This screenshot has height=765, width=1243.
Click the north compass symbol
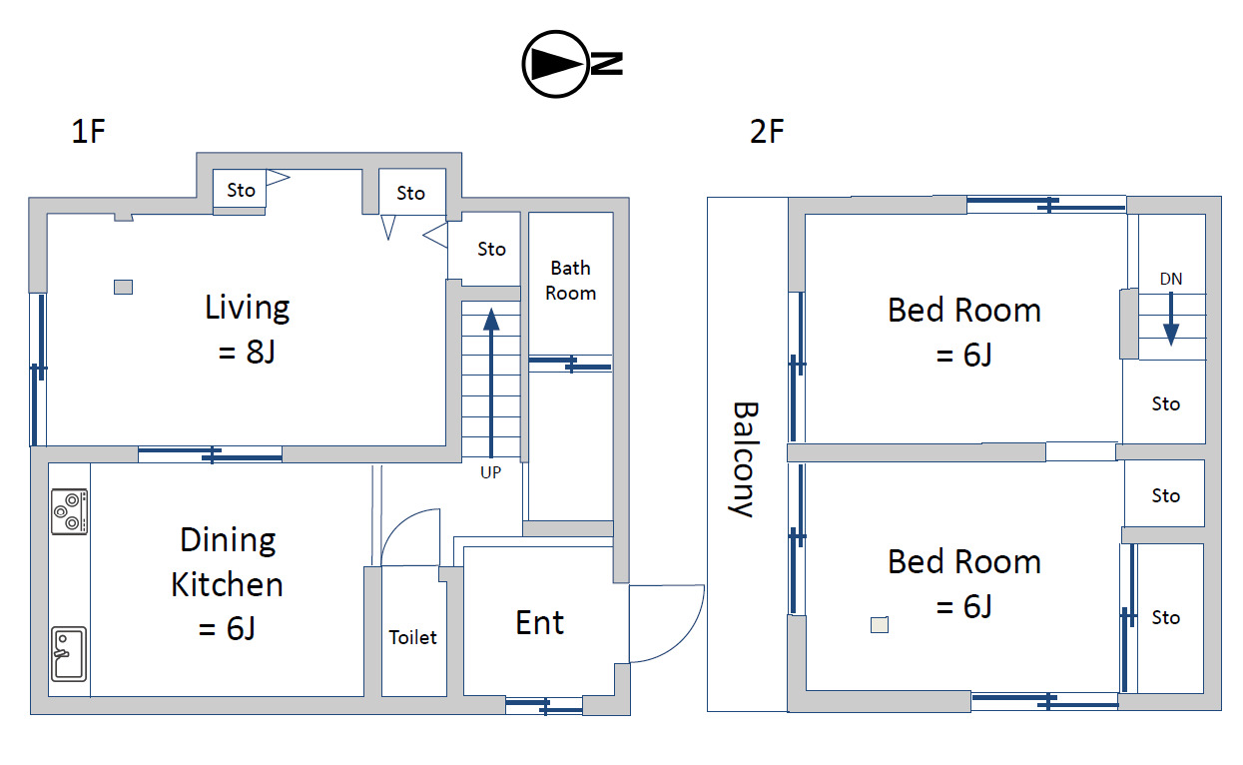(x=572, y=64)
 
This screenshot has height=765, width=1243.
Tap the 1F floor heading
(x=88, y=132)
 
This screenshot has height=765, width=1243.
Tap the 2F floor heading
(x=767, y=132)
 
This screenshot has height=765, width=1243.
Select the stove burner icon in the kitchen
(x=69, y=511)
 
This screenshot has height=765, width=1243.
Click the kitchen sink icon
(x=69, y=653)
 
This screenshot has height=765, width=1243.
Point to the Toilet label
(x=413, y=637)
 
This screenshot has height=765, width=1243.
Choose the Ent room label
(x=539, y=622)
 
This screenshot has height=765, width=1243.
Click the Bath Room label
(x=570, y=281)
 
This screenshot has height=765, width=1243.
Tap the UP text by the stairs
(x=490, y=472)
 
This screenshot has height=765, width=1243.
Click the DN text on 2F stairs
(x=1171, y=279)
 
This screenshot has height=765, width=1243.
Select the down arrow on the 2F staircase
(x=1171, y=320)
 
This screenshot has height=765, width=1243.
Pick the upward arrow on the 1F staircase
(x=491, y=382)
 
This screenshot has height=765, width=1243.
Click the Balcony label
(x=744, y=459)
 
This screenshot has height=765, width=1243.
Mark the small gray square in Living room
(x=123, y=287)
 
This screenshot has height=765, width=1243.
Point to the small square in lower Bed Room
(x=880, y=625)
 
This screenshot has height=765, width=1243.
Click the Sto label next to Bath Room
(x=491, y=250)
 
